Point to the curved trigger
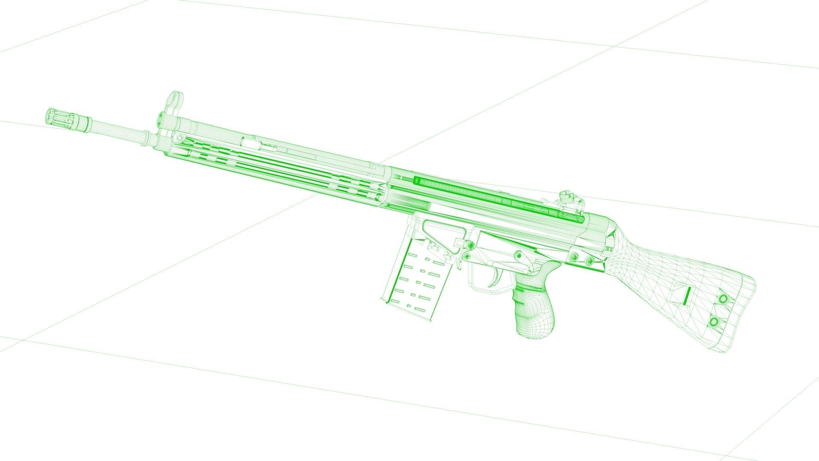tap(496, 278)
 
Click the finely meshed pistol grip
tap(533, 307)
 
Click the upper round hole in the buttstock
tap(723, 298)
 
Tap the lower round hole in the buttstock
tap(714, 321)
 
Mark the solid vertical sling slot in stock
tap(686, 295)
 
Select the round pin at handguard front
tap(180, 138)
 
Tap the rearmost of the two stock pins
tap(590, 260)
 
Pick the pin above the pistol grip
tap(518, 255)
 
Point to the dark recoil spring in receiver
tap(491, 197)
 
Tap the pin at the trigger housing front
tap(467, 256)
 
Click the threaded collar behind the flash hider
tap(83, 123)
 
